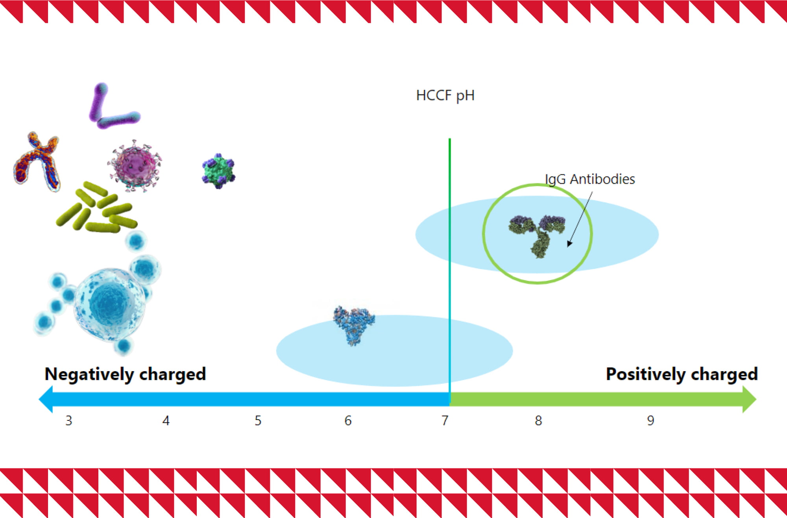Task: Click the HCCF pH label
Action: tap(445, 96)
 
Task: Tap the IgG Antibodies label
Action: tap(590, 179)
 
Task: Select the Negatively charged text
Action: tap(125, 374)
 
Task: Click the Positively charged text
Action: tap(682, 374)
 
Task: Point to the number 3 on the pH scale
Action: tap(69, 421)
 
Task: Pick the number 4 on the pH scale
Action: tap(166, 421)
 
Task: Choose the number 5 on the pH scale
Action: tap(258, 421)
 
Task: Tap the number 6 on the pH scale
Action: tap(348, 421)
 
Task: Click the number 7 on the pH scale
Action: tap(445, 421)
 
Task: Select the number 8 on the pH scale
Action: tap(538, 421)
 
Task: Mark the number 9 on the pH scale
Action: tap(650, 421)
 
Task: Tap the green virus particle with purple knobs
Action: tap(218, 171)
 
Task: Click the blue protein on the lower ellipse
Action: tap(354, 325)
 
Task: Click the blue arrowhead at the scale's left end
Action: tap(46, 399)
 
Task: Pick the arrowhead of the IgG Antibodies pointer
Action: tap(569, 244)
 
